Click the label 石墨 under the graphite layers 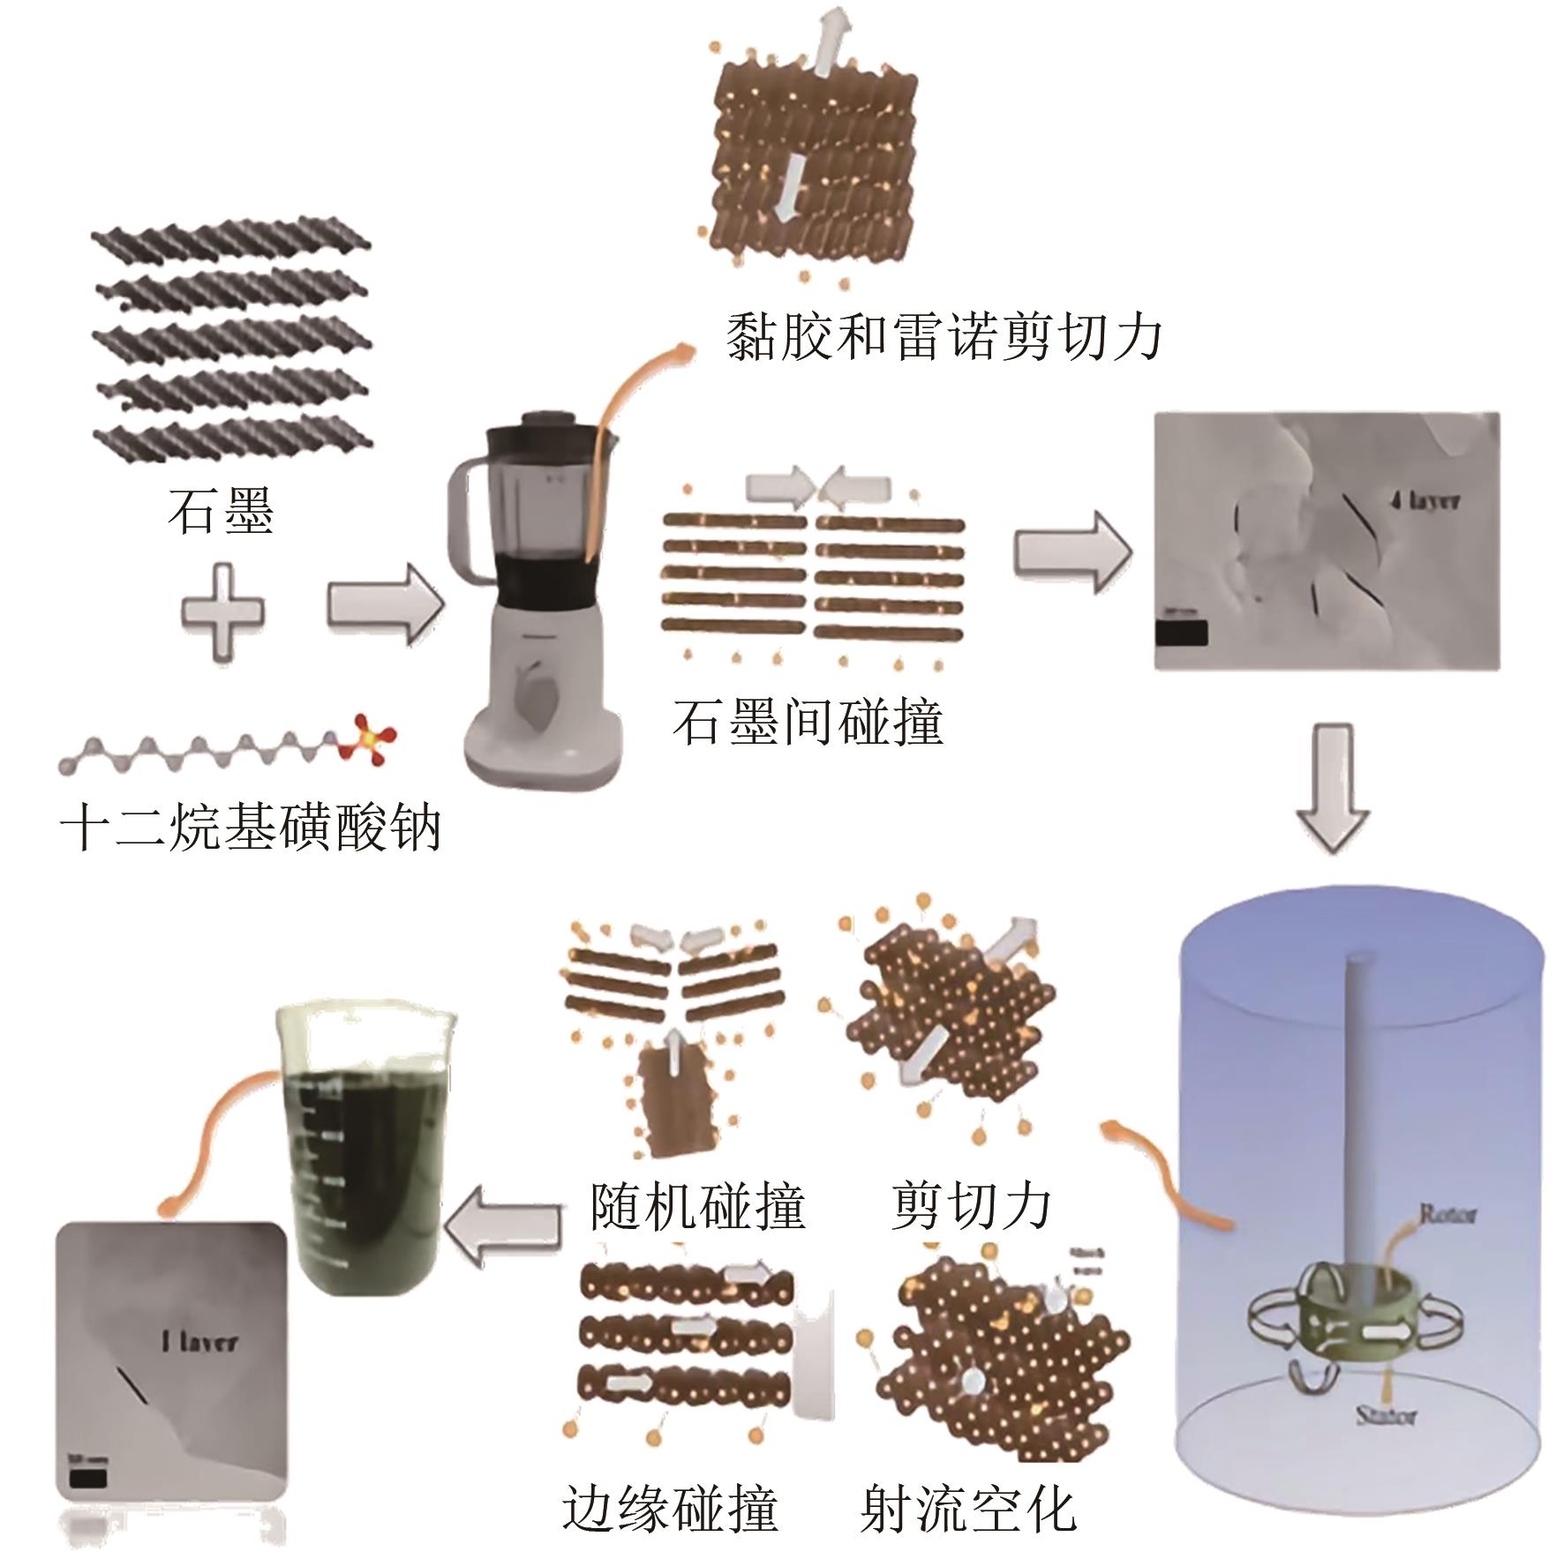click(222, 512)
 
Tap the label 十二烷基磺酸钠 click(250, 828)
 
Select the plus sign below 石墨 click(222, 611)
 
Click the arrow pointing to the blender click(381, 608)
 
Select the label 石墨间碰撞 click(808, 720)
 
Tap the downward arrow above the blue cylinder click(1333, 787)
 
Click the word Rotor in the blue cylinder click(1446, 1215)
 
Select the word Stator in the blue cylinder click(1386, 1418)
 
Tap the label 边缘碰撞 click(670, 1509)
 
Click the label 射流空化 click(969, 1509)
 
